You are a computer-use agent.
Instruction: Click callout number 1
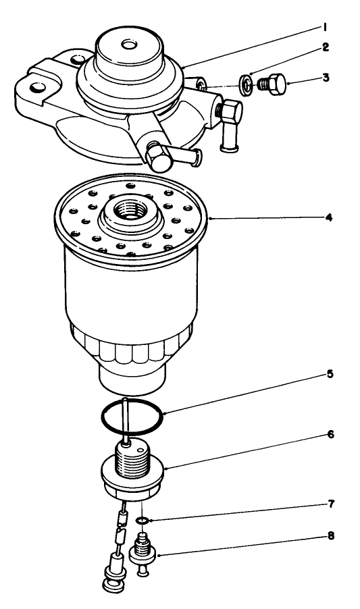pos(325,27)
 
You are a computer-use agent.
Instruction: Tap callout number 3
pos(326,78)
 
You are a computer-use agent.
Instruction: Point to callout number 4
pos(329,219)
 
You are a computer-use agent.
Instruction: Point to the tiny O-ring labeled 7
pos(142,521)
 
